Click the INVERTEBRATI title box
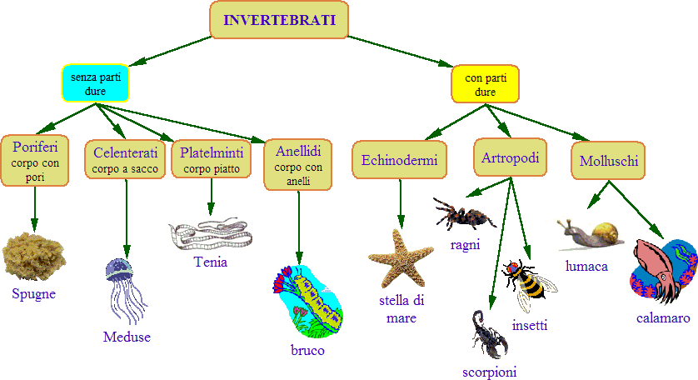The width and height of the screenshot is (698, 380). click(279, 20)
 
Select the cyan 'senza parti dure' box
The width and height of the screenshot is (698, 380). click(95, 83)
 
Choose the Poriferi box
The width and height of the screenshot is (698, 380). click(35, 160)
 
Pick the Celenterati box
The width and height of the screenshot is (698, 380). click(126, 159)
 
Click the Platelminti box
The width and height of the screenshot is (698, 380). click(211, 159)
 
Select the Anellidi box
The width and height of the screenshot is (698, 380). click(298, 164)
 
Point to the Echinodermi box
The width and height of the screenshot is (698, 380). click(401, 161)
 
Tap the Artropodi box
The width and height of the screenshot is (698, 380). click(511, 157)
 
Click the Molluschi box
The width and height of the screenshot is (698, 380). click(609, 161)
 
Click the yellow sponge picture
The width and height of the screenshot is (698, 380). click(33, 257)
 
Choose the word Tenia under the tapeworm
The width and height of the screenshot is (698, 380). click(210, 262)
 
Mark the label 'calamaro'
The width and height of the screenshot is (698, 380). click(663, 318)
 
